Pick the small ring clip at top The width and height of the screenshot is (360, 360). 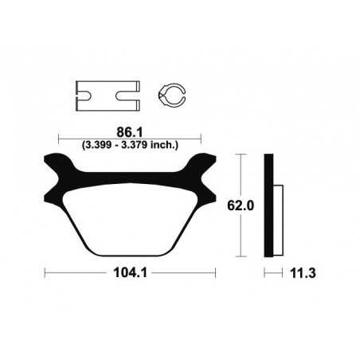point(173,96)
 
